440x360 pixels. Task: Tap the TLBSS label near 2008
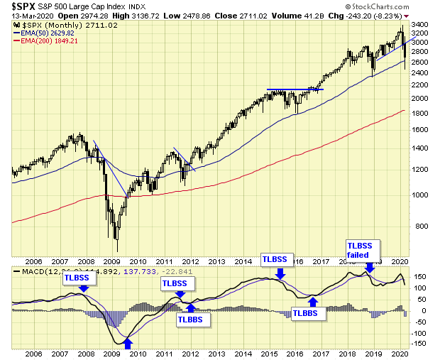pos(77,279)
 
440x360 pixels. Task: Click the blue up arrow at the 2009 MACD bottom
pos(128,344)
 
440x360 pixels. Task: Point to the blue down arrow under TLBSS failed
pos(368,268)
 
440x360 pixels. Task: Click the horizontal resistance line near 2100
pos(295,89)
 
